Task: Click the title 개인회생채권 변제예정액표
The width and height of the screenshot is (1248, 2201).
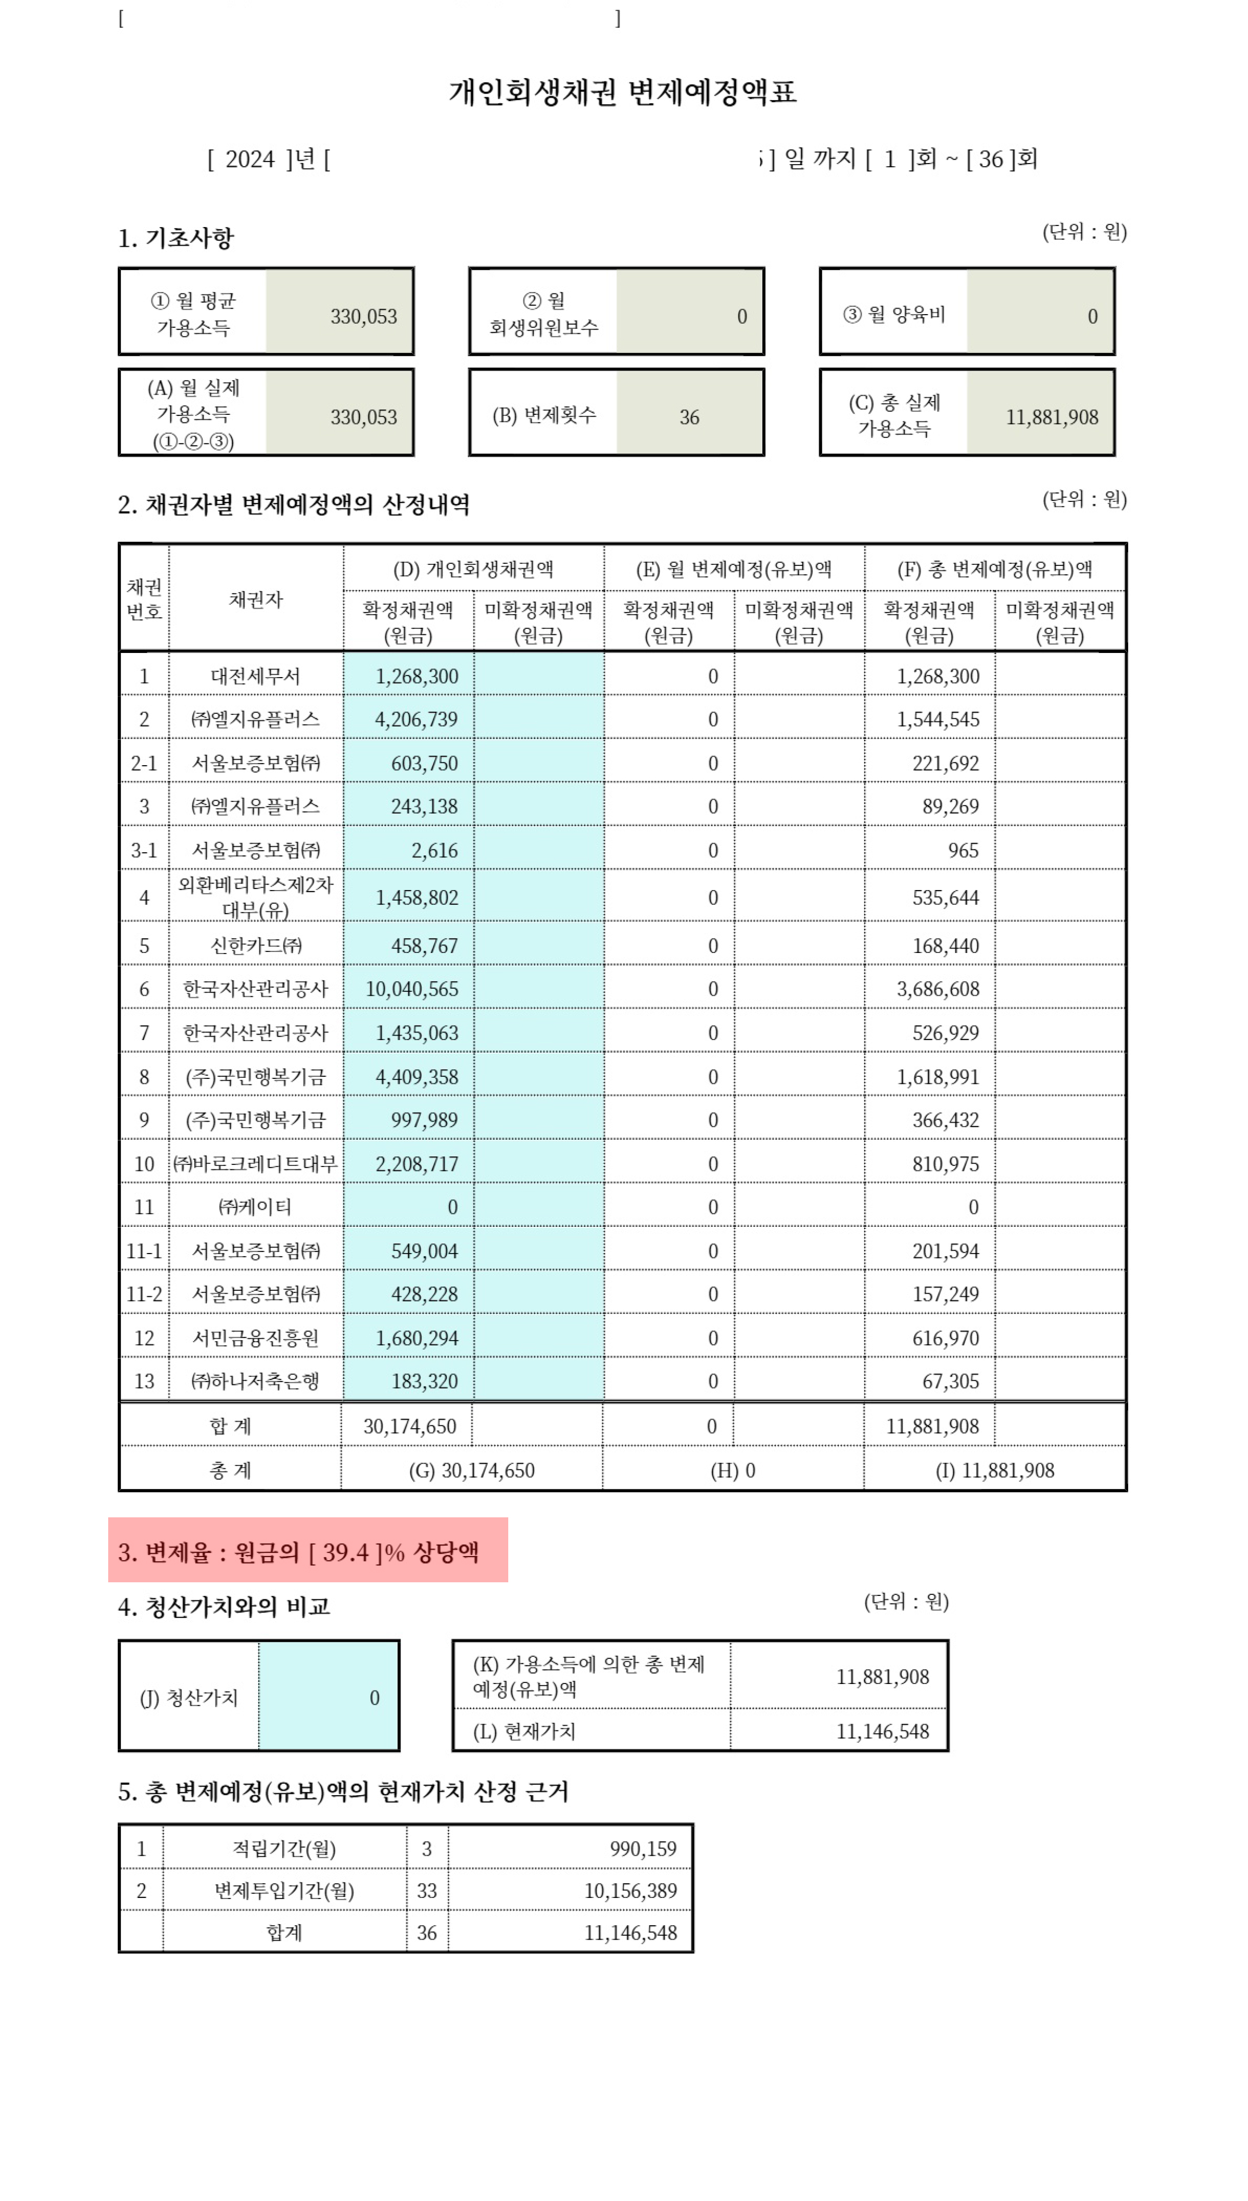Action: [x=623, y=92]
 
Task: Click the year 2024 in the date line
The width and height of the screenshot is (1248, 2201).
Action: [x=250, y=160]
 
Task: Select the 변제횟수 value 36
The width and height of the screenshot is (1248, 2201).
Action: [x=689, y=417]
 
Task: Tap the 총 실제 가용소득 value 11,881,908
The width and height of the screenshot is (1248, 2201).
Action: [x=1052, y=417]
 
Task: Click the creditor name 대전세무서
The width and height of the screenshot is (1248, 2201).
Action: [x=256, y=677]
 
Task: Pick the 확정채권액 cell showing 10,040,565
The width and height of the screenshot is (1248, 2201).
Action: [x=412, y=989]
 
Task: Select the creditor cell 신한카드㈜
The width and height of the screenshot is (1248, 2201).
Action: [x=256, y=946]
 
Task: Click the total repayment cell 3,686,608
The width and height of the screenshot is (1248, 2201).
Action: [x=938, y=989]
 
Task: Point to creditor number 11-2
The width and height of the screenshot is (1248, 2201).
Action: [x=144, y=1295]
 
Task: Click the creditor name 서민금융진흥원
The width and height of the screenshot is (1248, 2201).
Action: [x=256, y=1339]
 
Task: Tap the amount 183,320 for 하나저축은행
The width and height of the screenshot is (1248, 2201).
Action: [x=424, y=1381]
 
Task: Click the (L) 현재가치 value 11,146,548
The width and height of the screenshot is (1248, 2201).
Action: [x=882, y=1732]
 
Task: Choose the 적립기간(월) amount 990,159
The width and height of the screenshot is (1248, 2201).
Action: [x=643, y=1850]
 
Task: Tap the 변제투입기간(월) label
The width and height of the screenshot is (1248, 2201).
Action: [x=284, y=1891]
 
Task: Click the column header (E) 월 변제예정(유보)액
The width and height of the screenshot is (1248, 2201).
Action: [x=734, y=569]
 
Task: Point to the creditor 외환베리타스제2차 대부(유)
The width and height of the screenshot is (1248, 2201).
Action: [x=256, y=897]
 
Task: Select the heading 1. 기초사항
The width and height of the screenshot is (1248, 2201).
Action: [x=176, y=238]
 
